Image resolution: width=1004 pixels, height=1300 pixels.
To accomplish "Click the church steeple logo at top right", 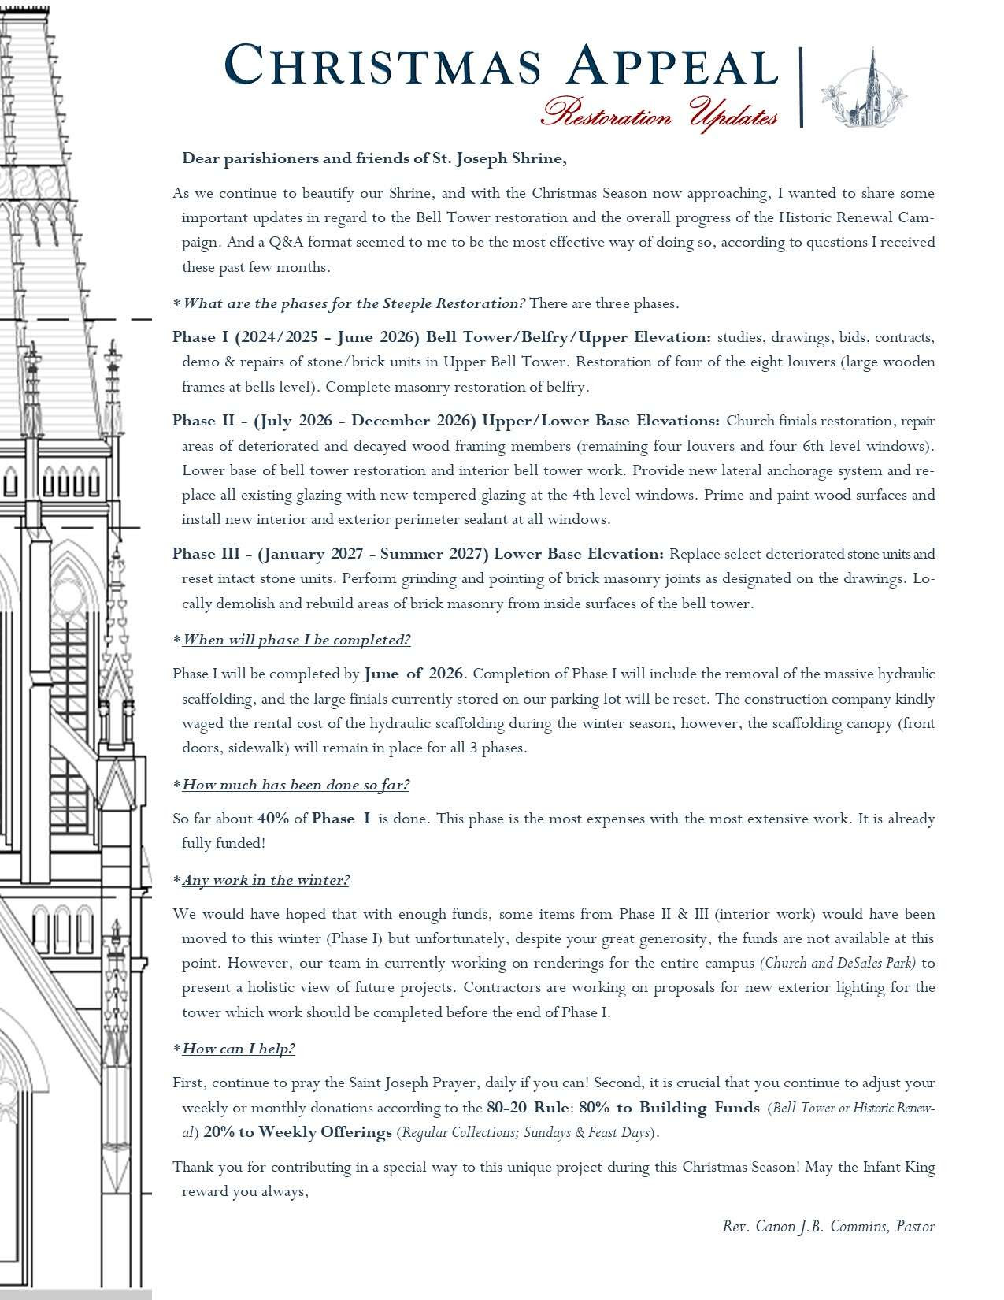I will pos(864,88).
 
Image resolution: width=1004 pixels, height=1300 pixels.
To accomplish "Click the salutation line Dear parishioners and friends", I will pos(374,158).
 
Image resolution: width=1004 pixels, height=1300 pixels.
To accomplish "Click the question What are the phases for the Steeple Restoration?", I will pos(354,303).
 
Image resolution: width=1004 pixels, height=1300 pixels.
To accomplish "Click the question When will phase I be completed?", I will pos(296,640).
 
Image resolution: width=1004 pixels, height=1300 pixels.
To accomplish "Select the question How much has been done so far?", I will pos(295,785).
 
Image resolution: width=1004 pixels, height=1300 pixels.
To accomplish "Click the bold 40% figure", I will pos(272,819).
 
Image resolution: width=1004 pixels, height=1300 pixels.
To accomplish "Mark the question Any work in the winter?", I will pos(265,880).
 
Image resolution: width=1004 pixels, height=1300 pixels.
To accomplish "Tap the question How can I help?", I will pos(239,1049).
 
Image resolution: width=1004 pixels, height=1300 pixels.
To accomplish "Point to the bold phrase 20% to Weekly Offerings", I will pos(298,1132).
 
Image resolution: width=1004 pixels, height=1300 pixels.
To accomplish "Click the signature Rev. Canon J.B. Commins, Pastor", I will pos(828,1227).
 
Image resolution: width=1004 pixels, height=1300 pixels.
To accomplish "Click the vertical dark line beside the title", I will pos(801,87).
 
